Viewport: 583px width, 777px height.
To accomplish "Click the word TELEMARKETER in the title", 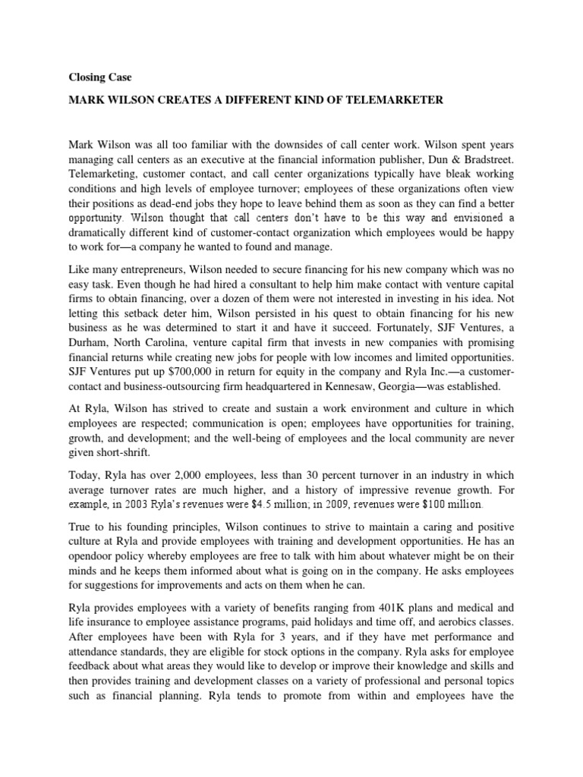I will pos(392,99).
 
